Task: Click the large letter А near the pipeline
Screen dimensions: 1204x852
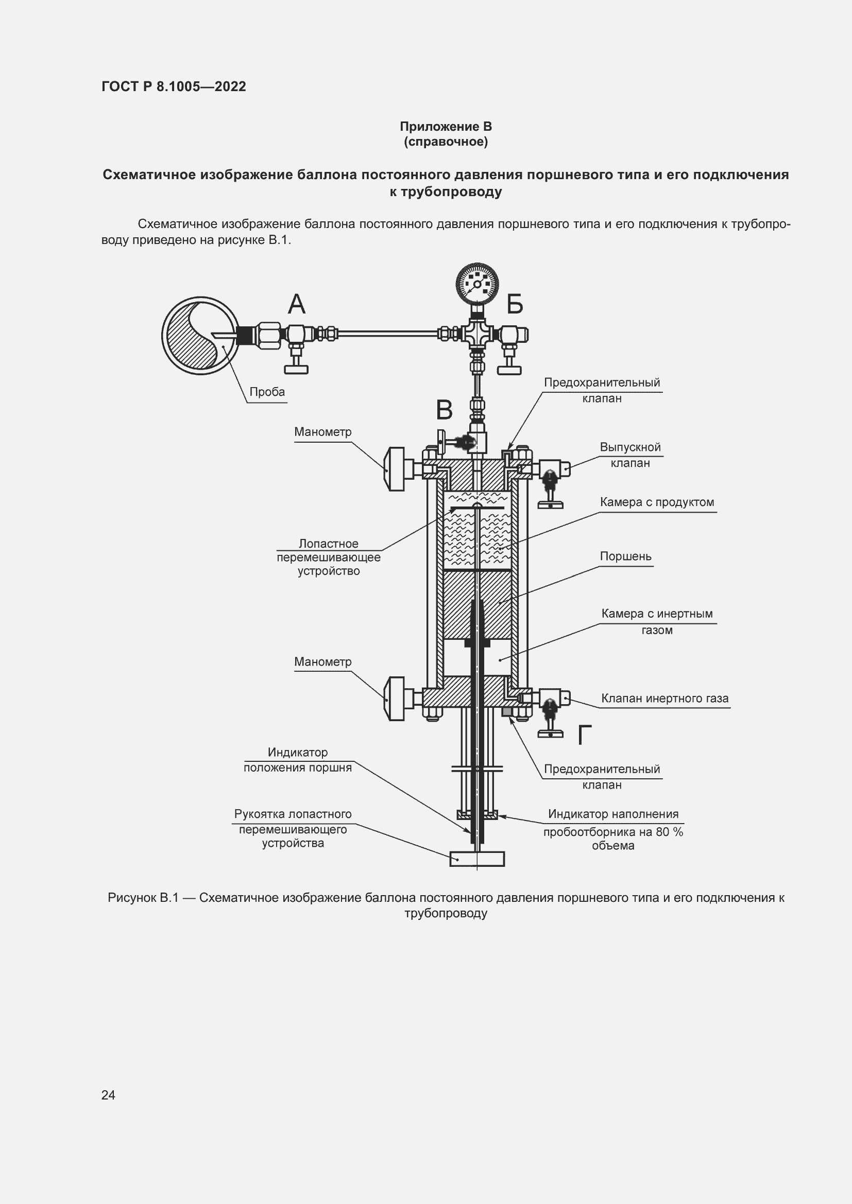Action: coord(296,304)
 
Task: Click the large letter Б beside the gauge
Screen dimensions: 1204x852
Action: coord(515,304)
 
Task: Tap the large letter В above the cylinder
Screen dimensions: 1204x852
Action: coord(445,410)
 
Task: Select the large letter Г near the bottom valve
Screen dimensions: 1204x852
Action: coord(585,735)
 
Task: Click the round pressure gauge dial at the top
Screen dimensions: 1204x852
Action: coord(477,284)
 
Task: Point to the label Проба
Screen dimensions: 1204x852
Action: coord(267,392)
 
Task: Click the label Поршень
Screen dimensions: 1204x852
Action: coord(625,556)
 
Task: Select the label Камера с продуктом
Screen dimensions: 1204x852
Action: coord(657,502)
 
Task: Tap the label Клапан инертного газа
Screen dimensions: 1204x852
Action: coord(664,698)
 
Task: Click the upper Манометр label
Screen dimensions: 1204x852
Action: coord(322,431)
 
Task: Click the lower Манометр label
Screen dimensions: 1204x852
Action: coord(322,662)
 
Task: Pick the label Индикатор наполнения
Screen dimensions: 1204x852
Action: coord(613,814)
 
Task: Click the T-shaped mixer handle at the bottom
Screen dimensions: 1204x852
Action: coord(477,859)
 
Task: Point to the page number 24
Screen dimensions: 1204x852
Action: coord(108,1094)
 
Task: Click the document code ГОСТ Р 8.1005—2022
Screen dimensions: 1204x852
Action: coord(174,86)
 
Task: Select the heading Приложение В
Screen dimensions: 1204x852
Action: coord(446,127)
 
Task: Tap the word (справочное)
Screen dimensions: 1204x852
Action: coord(446,142)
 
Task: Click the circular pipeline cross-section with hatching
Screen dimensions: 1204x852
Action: coord(199,336)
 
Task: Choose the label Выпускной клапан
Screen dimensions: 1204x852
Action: coord(630,455)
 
